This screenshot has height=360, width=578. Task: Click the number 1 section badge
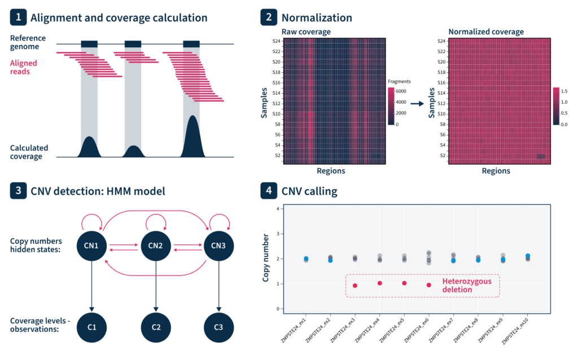click(18, 18)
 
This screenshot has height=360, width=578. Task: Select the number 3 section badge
click(18, 191)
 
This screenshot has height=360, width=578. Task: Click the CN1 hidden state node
click(91, 245)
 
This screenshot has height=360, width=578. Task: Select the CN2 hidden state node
click(155, 245)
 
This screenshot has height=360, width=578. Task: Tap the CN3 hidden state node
click(218, 245)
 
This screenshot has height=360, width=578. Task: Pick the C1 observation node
click(91, 327)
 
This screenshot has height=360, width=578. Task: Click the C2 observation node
click(155, 327)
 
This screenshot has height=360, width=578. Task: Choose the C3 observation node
click(218, 327)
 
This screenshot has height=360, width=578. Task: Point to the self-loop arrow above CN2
click(155, 219)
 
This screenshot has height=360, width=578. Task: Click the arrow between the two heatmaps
click(417, 104)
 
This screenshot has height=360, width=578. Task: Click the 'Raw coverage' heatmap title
click(306, 32)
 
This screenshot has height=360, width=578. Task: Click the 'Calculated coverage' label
click(29, 152)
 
